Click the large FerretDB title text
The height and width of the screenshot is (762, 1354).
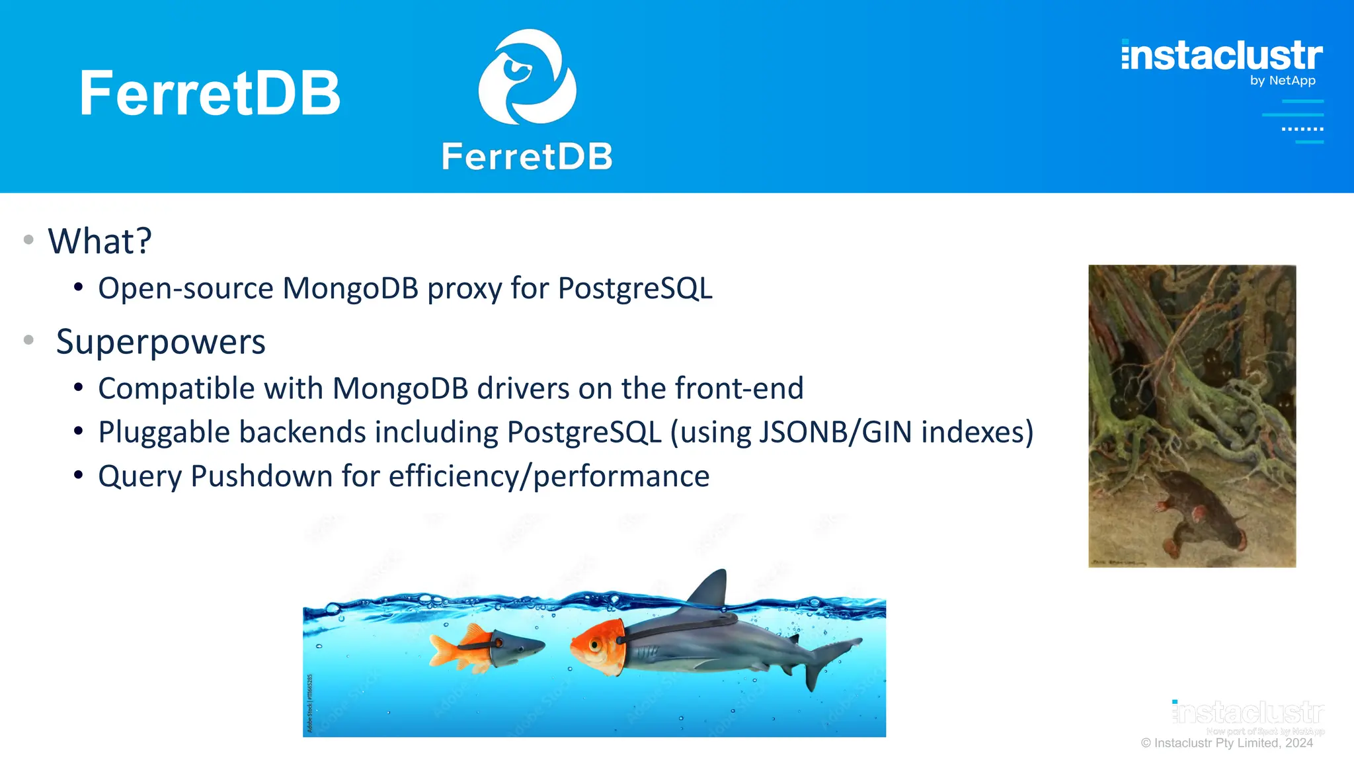point(210,93)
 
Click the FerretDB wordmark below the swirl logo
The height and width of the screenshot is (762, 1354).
point(527,157)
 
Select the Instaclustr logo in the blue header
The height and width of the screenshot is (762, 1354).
point(1222,56)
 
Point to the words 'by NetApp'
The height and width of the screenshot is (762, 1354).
point(1282,81)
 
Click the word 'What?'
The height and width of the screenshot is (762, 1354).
point(100,241)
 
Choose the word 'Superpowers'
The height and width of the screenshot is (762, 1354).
point(161,342)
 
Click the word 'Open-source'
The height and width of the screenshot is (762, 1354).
point(186,288)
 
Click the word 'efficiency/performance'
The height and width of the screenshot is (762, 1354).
point(549,476)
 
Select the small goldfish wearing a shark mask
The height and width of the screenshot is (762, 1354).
point(486,648)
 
